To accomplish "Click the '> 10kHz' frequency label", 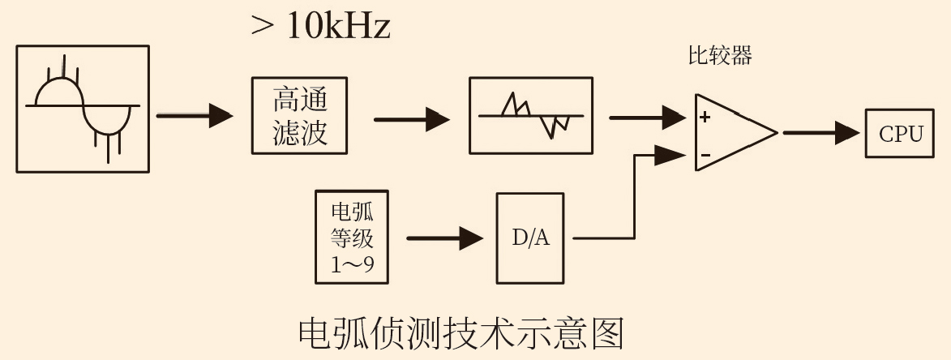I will click(321, 27).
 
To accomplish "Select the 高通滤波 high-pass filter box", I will click(300, 115).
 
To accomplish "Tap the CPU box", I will click(901, 134).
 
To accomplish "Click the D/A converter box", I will click(530, 238).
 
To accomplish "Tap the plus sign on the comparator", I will click(705, 117).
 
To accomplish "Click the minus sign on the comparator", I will click(705, 154).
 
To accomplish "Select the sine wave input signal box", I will click(83, 109).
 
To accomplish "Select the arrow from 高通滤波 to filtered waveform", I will click(411, 120).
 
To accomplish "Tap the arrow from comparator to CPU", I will click(820, 133).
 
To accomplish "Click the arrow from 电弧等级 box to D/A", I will click(443, 238).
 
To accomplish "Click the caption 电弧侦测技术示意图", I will click(461, 333).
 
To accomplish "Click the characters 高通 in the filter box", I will click(300, 101).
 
